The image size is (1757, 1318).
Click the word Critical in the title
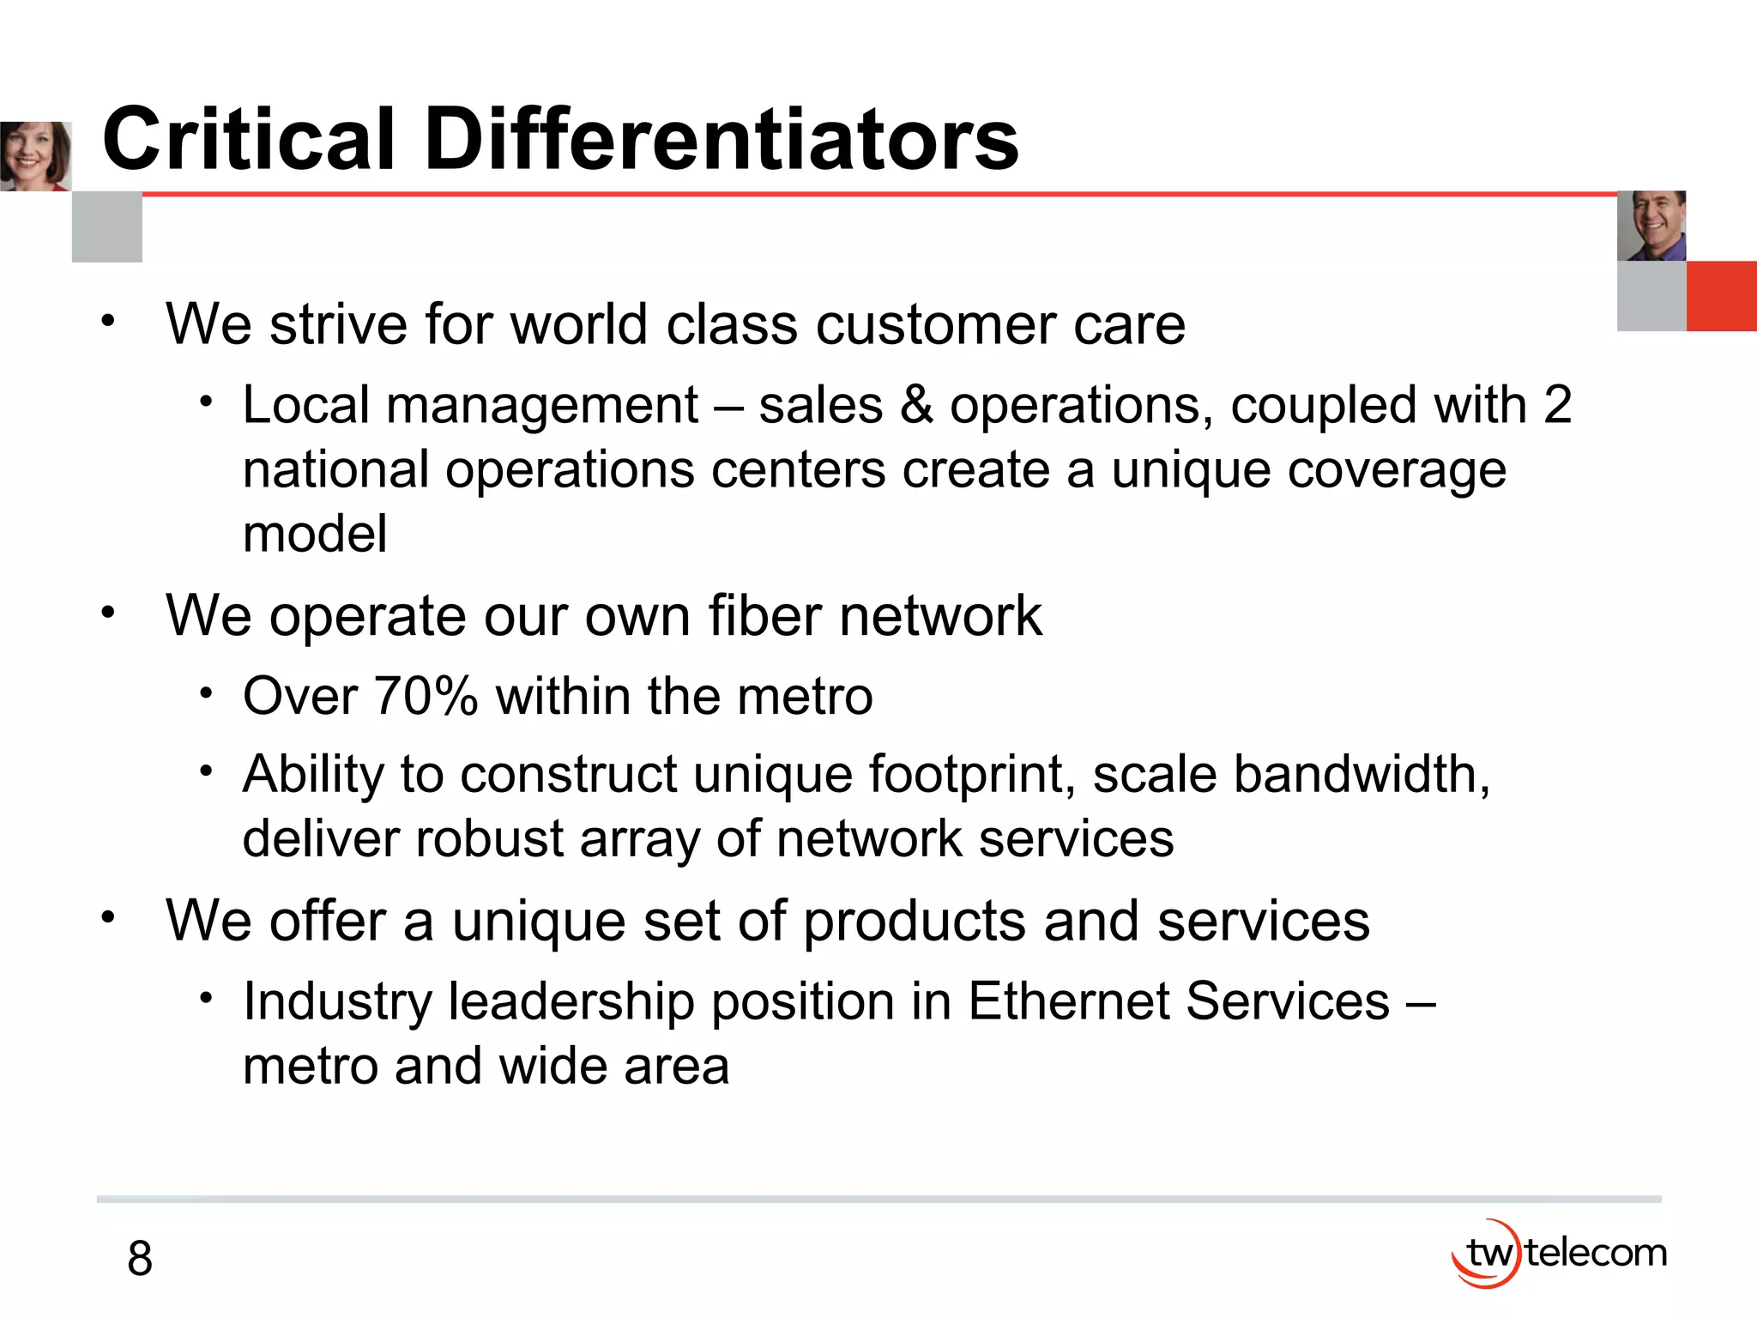point(249,139)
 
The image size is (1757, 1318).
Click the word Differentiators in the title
point(721,139)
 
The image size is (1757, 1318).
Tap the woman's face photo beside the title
point(35,156)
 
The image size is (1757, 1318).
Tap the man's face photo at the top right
point(1651,226)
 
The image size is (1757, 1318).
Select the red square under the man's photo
point(1721,296)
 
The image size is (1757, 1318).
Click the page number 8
point(140,1259)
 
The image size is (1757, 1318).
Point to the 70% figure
point(426,695)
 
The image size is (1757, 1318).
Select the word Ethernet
point(1068,1001)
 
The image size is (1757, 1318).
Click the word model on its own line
point(315,534)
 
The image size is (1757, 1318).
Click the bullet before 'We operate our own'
point(107,613)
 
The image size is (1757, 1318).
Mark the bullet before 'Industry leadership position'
point(206,998)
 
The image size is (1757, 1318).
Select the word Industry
point(336,1002)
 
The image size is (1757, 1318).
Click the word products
point(915,922)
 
